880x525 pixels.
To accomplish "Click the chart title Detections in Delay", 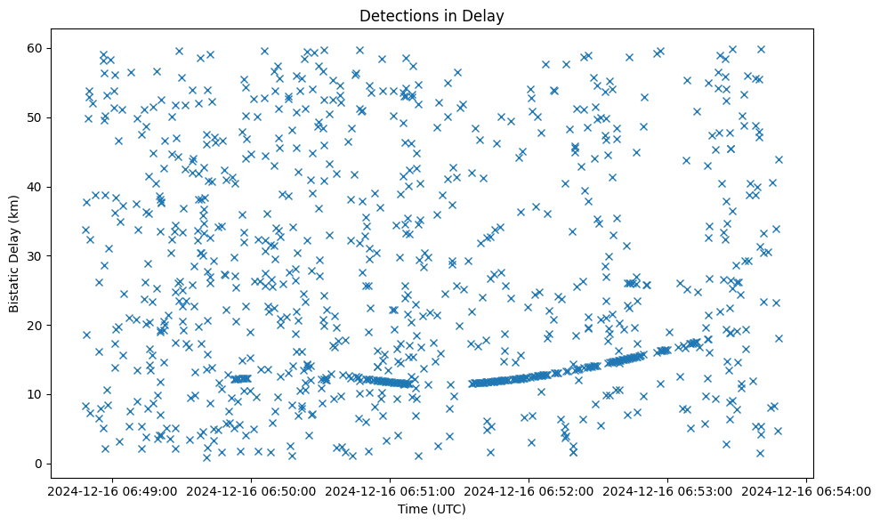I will click(x=432, y=15).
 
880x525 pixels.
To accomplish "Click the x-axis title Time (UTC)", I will click(x=432, y=510).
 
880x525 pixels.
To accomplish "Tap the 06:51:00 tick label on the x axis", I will click(x=388, y=490).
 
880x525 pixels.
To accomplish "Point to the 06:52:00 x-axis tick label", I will click(x=528, y=490).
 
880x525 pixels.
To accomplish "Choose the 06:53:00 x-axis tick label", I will click(x=667, y=490).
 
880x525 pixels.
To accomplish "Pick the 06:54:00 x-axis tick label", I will click(x=807, y=490).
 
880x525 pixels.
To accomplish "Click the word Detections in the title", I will click(x=396, y=15).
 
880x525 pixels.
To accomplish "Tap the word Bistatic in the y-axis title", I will click(x=15, y=285).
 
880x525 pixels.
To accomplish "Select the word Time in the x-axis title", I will click(x=412, y=510).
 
